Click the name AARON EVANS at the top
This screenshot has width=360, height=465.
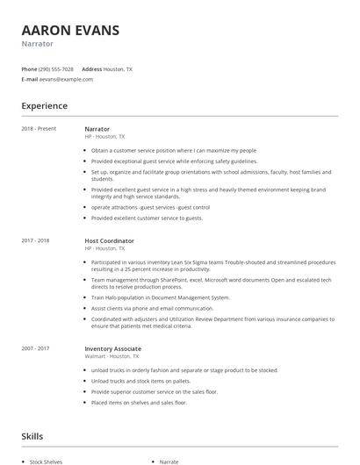coord(70,30)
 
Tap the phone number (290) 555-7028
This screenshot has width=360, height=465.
coord(57,68)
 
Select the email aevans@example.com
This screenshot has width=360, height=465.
coord(66,79)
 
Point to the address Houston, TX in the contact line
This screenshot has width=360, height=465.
coord(118,68)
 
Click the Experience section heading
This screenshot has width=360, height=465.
coord(44,106)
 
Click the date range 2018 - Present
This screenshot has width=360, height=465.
coord(39,129)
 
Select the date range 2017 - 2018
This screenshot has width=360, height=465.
coord(36,240)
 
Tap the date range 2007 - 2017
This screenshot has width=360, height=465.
coord(36,324)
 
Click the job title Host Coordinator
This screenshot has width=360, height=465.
coord(109,240)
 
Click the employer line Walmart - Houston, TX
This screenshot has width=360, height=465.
coord(112,332)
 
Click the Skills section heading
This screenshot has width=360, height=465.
coord(32,436)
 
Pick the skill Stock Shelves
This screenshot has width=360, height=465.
coord(46,461)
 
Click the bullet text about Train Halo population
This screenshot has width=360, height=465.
coord(155,298)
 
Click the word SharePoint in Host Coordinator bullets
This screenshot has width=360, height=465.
coord(172,281)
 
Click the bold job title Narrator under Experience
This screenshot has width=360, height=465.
coord(97,129)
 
